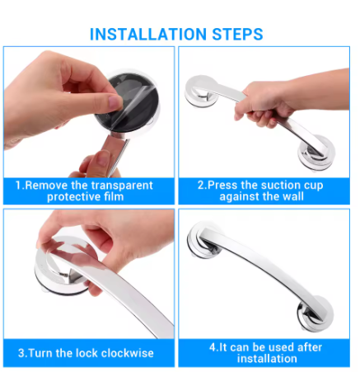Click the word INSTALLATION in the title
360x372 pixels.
point(148,35)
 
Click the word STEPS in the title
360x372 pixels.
point(237,35)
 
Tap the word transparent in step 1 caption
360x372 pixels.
point(122,186)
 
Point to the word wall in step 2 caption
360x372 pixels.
point(293,196)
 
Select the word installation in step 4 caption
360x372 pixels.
point(267,359)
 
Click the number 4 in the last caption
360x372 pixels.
point(213,347)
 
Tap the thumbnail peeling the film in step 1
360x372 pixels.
point(115,101)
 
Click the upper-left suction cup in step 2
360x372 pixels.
point(200,92)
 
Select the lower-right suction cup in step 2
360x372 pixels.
point(316,152)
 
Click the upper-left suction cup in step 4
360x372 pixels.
point(204,240)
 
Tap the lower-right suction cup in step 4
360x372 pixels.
point(315,313)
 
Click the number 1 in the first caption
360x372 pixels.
point(18,186)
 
